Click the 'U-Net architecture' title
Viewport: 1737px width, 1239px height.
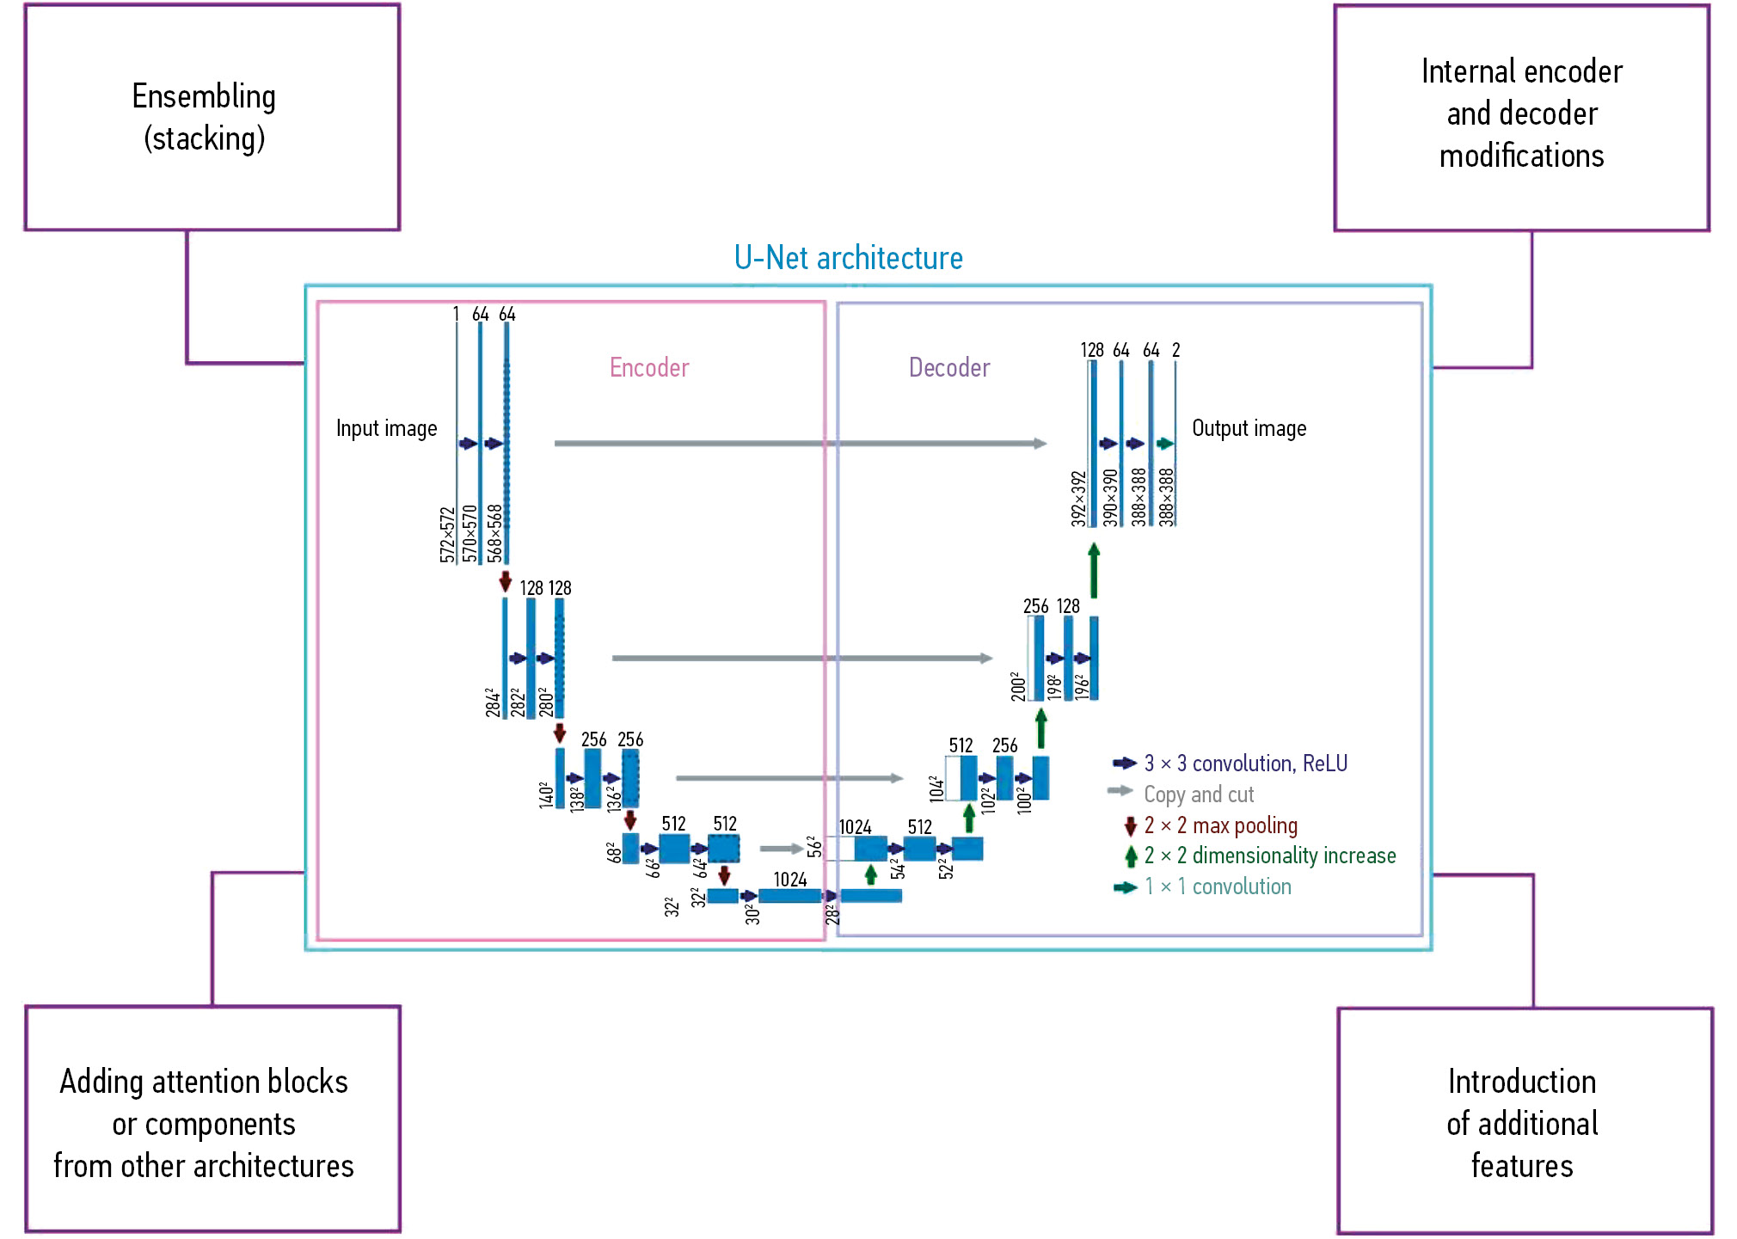click(x=848, y=258)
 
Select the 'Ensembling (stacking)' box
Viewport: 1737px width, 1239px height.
click(x=212, y=118)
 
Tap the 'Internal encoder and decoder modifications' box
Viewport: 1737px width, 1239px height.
click(x=1521, y=118)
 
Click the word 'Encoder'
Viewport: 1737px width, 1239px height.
click(x=649, y=368)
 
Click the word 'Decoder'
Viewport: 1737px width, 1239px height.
click(x=949, y=368)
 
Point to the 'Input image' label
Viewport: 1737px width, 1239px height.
click(x=386, y=428)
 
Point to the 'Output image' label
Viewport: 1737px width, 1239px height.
click(x=1249, y=428)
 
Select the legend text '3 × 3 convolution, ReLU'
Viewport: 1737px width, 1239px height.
click(x=1245, y=764)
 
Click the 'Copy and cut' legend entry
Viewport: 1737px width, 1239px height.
click(x=1198, y=794)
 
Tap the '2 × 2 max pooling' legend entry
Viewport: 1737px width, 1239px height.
click(x=1220, y=825)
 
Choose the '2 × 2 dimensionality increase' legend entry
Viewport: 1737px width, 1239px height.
click(x=1269, y=856)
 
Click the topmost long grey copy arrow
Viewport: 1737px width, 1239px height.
click(x=800, y=444)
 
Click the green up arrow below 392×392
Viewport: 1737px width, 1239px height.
click(x=1094, y=570)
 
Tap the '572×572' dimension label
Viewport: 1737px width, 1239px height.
click(x=447, y=535)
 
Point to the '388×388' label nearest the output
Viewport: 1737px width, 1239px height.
click(x=1166, y=497)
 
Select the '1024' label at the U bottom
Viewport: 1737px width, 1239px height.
click(x=789, y=880)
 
